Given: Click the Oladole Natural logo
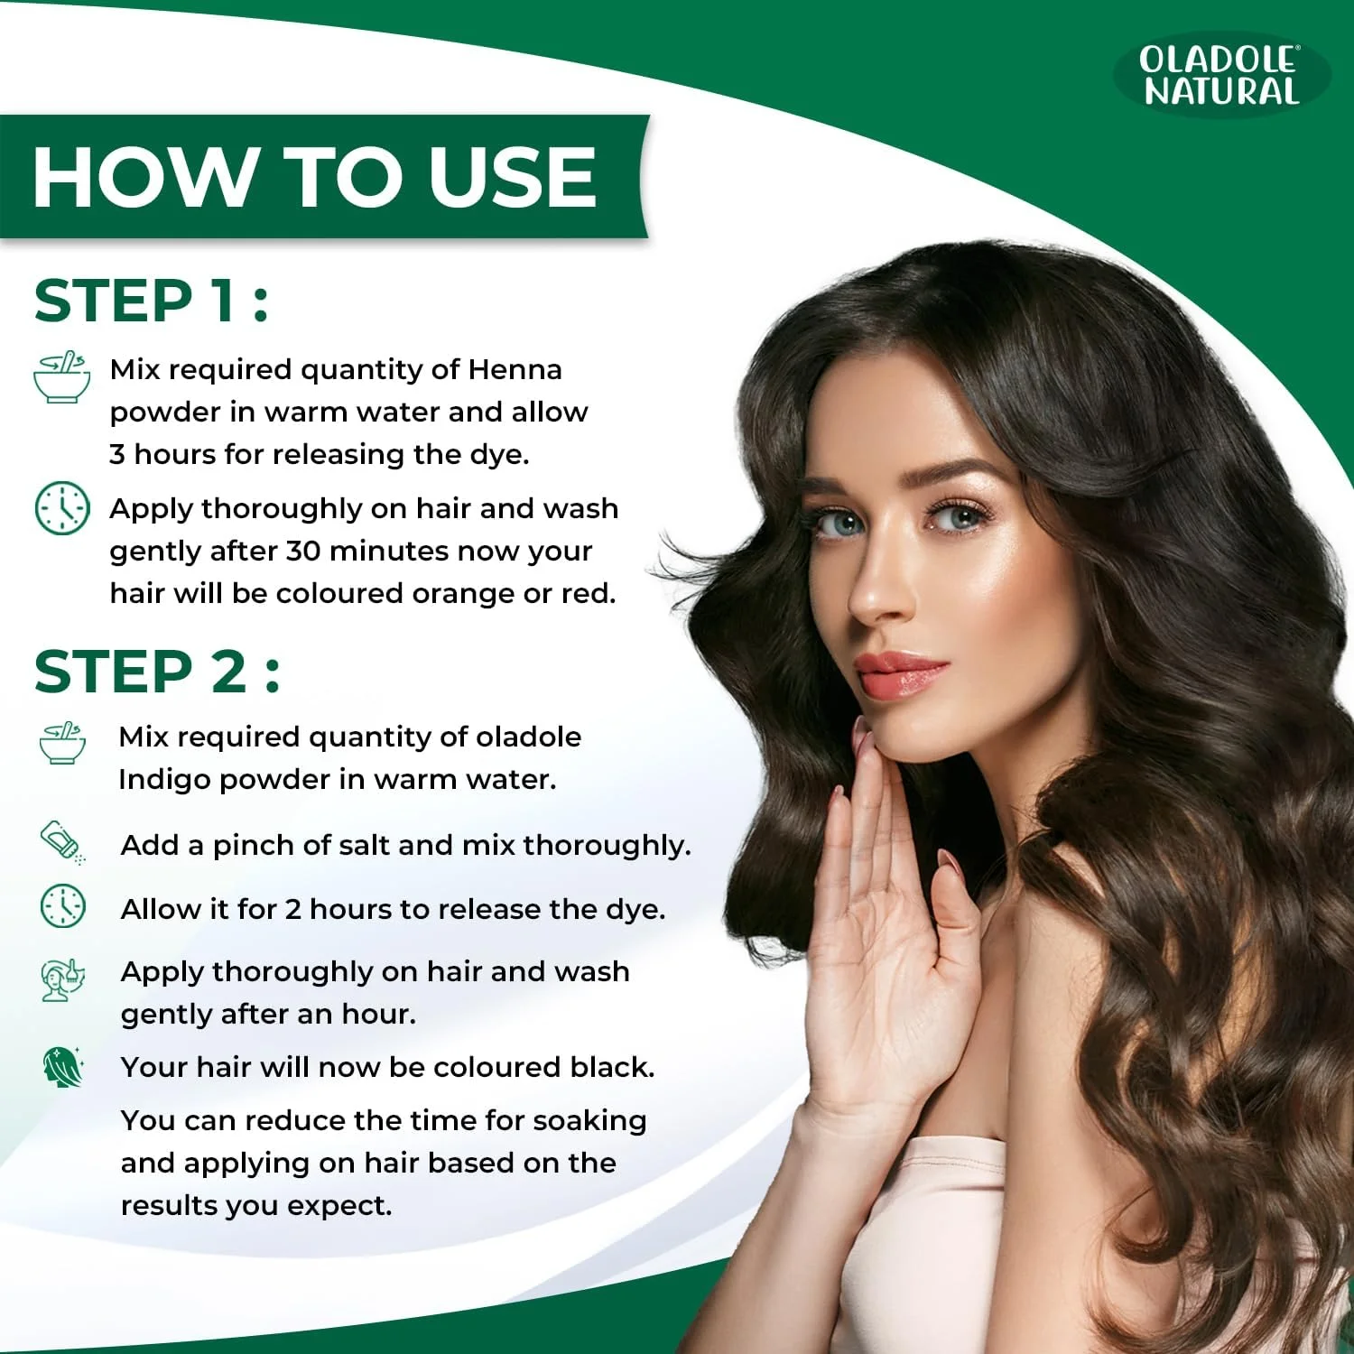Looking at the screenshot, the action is pos(1221,75).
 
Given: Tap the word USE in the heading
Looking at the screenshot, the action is pos(512,176).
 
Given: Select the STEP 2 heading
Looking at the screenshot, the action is pos(157,672).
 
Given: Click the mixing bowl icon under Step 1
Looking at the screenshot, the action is pos(61,376).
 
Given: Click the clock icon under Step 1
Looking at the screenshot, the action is pos(62,508).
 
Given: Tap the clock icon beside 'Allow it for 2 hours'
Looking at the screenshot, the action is pos(63,905).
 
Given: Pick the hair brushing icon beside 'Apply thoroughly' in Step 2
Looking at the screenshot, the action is pos(63,979).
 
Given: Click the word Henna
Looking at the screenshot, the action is pos(515,369).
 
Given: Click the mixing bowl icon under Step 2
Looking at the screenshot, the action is pos(62,743).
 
